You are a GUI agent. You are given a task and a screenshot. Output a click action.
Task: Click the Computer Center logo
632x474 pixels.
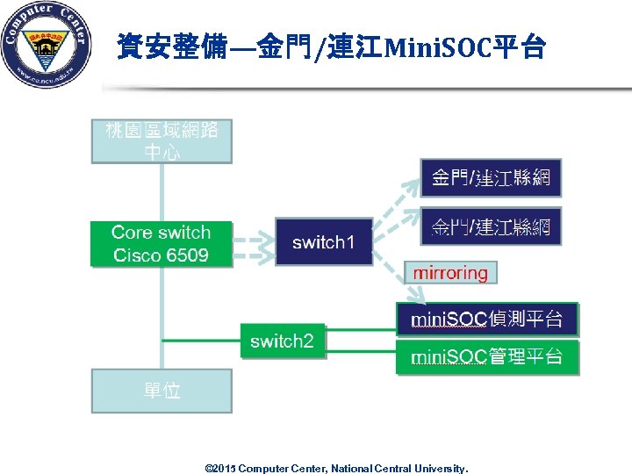(x=46, y=45)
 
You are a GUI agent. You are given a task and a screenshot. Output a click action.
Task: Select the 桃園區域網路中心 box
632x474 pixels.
(x=162, y=140)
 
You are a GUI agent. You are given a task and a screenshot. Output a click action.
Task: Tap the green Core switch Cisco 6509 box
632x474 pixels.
(x=162, y=243)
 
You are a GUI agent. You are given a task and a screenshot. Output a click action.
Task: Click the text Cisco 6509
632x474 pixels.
(x=162, y=255)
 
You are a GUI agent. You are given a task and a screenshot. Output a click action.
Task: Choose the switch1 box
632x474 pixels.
(x=324, y=241)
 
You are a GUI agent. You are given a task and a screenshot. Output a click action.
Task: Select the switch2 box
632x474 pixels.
(x=283, y=341)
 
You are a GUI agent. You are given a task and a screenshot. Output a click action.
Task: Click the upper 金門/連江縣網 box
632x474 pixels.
(x=491, y=178)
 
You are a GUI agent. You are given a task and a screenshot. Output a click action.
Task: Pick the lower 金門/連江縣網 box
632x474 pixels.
(x=491, y=227)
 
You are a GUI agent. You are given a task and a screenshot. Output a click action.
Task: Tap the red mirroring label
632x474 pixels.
(x=450, y=273)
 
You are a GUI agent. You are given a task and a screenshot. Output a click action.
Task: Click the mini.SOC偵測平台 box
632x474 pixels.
(x=487, y=319)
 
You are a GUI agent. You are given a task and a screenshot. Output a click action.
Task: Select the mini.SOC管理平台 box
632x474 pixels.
(x=487, y=357)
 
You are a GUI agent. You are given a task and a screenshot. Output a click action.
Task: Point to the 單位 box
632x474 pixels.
(x=162, y=391)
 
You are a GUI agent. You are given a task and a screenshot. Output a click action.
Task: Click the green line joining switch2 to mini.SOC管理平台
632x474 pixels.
(x=360, y=352)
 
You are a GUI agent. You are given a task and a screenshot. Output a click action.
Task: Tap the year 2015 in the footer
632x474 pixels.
(x=225, y=469)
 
